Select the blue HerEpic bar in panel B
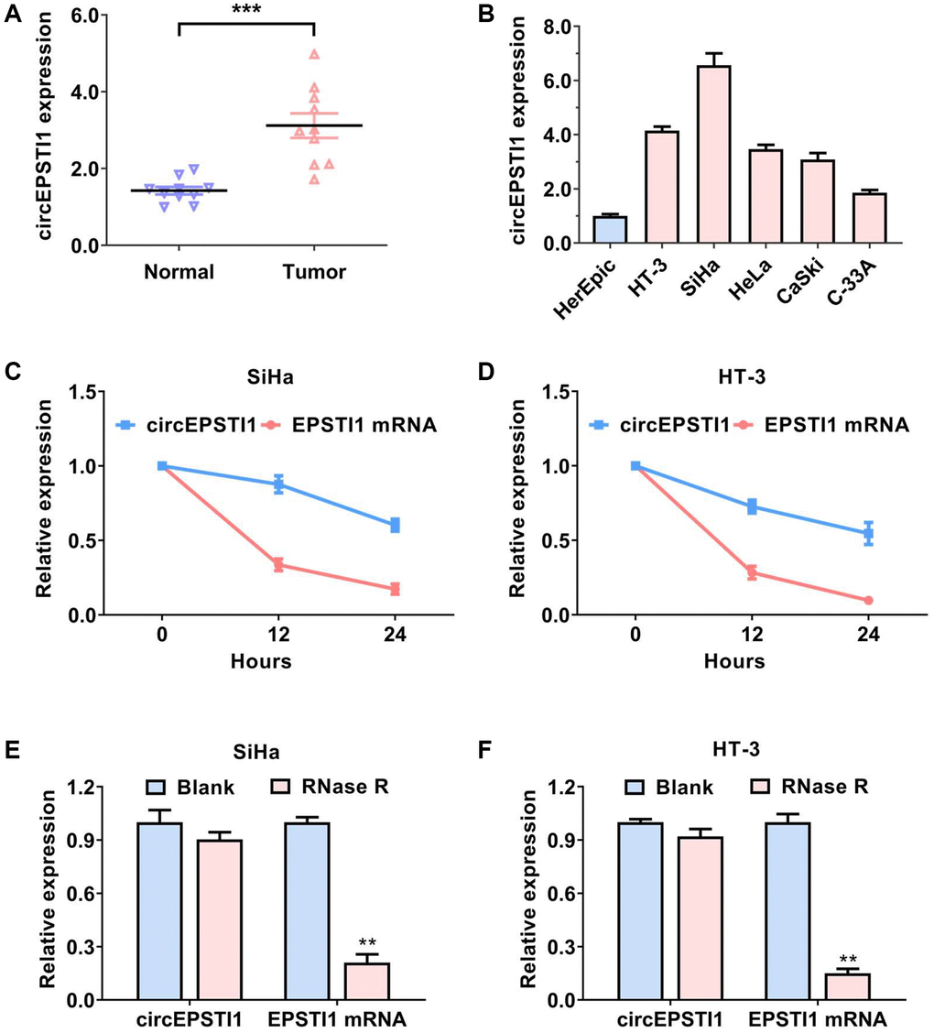610,230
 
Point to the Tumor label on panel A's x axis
314,272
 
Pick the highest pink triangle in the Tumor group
314,55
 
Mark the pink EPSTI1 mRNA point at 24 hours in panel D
867,600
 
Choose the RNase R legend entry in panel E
324,787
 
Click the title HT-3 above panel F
752,749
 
